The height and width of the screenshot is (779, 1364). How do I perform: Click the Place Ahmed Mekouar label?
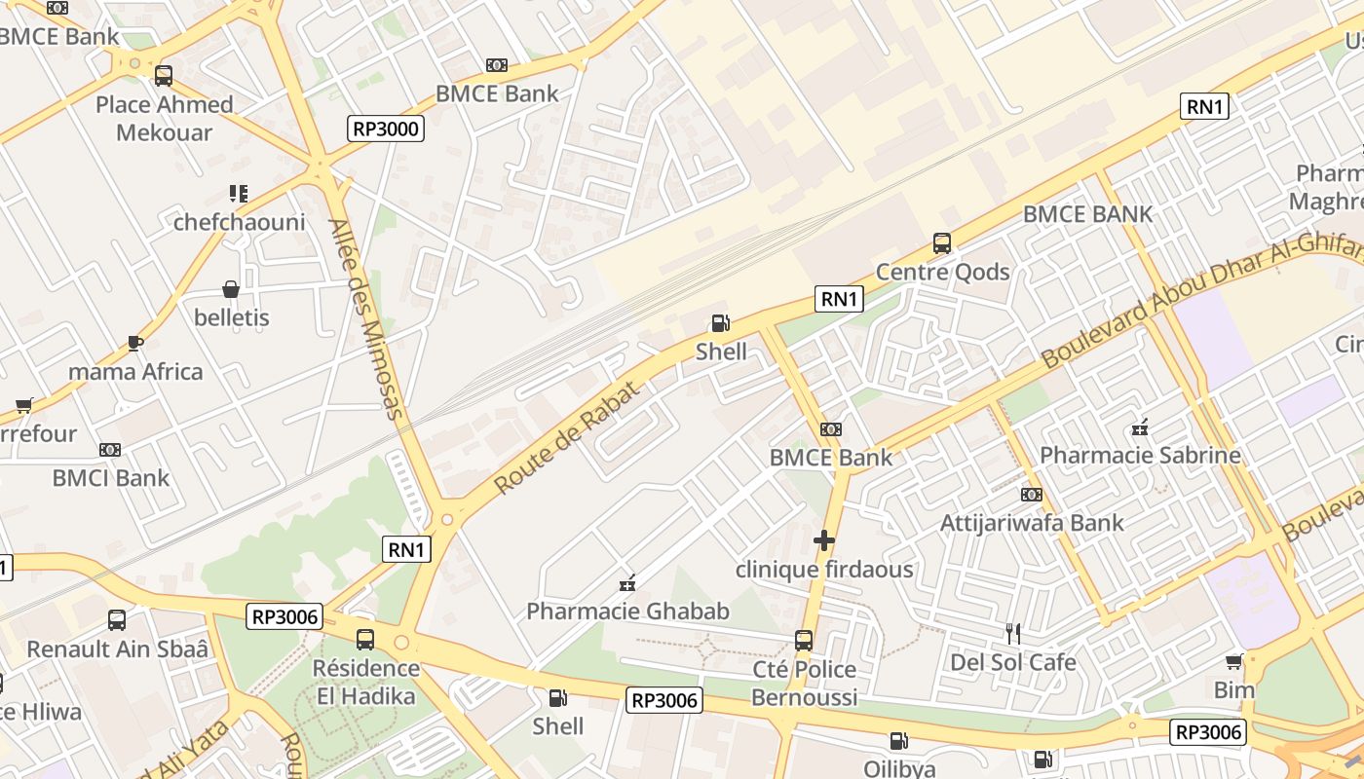(164, 118)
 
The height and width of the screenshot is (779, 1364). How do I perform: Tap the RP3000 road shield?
(386, 129)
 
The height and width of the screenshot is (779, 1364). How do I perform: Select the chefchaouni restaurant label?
(239, 222)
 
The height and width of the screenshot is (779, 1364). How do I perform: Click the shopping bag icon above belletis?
(231, 289)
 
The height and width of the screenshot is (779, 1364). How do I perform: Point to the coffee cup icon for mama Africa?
(135, 343)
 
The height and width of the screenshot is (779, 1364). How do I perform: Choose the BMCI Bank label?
(110, 478)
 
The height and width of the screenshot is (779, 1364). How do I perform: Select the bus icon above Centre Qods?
(941, 243)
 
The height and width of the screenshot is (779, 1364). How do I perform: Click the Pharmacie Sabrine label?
(1140, 455)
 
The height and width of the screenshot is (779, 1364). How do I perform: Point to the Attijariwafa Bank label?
(1031, 523)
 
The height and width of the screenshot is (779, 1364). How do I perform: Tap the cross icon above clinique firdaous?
(824, 539)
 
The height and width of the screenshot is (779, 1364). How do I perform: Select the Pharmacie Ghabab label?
(627, 612)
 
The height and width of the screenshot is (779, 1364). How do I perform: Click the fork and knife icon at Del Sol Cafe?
(1013, 634)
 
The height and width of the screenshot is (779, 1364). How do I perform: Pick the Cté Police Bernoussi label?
(804, 684)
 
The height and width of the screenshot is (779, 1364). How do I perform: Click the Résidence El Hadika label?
(365, 683)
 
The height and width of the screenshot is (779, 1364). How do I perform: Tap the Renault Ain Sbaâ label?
(117, 649)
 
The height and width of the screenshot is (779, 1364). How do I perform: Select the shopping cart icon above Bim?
(1234, 662)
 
